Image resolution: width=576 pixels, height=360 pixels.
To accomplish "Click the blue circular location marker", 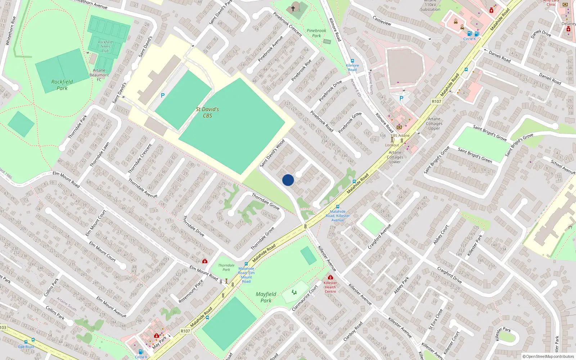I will (288, 180).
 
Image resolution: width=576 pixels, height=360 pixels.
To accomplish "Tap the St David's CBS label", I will (207, 112).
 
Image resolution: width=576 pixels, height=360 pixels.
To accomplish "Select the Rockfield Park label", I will (62, 85).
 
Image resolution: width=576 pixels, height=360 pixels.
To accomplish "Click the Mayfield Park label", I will (266, 297).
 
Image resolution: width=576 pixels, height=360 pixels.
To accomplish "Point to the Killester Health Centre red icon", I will (330, 277).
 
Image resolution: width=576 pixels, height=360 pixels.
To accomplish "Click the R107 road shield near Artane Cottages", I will (436, 102).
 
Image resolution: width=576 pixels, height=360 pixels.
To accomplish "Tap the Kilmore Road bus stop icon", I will (352, 61).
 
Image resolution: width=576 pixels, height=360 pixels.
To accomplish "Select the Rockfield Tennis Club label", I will (105, 46).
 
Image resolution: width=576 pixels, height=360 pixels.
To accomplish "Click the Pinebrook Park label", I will (316, 33).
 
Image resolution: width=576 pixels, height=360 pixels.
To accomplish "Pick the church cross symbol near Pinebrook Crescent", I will (293, 8).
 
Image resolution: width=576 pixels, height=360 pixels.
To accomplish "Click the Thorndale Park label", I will (226, 267).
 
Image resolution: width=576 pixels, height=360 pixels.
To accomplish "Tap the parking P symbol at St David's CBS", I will (163, 95).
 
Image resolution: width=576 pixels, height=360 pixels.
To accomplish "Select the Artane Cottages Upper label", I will (434, 123).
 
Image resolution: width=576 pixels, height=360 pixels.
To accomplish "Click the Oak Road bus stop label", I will (26, 347).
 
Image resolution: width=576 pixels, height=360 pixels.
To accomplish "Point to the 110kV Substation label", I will (430, 7).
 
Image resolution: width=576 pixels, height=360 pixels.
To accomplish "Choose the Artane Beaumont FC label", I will (99, 75).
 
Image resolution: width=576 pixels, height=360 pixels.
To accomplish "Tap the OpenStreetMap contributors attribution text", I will (548, 356).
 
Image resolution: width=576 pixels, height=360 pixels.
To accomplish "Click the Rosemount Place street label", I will (191, 291).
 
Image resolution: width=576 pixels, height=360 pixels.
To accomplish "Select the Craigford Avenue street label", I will (379, 237).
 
